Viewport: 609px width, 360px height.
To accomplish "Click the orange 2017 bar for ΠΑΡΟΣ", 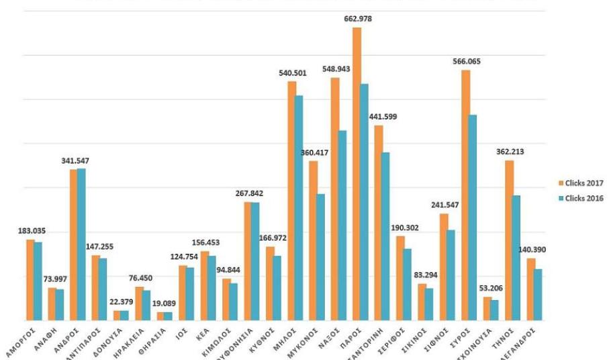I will [x=357, y=175].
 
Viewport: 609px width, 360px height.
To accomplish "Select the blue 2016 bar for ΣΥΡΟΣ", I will [x=472, y=218].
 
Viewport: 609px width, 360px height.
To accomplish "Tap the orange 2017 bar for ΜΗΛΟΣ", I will [x=292, y=201].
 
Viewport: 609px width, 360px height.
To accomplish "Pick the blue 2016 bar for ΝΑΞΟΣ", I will [x=342, y=225].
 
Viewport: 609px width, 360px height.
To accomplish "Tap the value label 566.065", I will [x=466, y=61].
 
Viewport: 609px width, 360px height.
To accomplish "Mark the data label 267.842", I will [x=248, y=193].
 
